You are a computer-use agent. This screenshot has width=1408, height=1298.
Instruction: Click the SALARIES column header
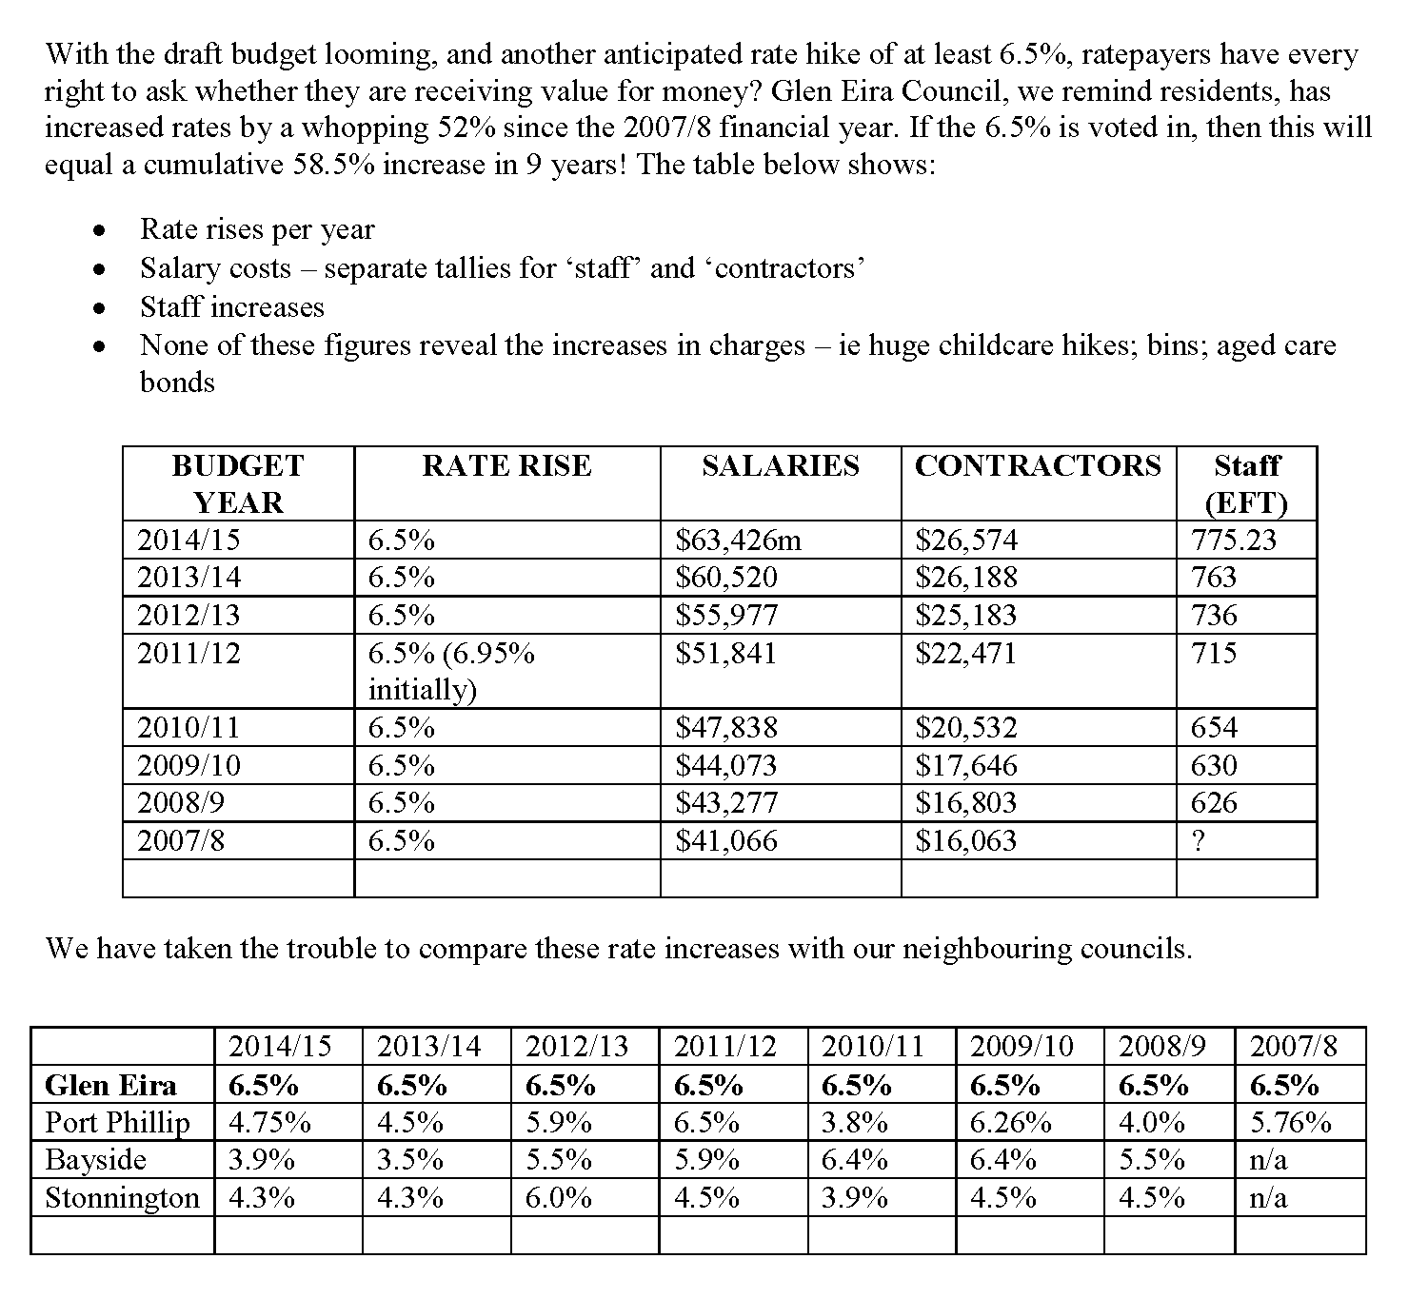780,465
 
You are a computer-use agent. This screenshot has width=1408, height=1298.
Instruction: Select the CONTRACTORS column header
1038,465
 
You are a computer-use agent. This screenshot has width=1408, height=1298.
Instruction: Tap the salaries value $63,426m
738,541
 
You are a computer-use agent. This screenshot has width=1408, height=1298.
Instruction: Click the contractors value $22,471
965,653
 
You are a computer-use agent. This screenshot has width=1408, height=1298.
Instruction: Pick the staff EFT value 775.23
1233,541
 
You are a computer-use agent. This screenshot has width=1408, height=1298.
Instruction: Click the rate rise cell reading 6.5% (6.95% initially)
451,671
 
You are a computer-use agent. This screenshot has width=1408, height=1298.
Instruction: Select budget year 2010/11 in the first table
188,728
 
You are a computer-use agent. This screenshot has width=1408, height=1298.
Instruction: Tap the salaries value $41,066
725,841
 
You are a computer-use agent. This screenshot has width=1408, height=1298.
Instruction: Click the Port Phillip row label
117,1123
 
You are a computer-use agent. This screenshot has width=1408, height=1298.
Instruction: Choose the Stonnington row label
122,1197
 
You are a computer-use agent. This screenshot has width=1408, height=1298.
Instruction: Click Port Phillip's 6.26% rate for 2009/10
1010,1123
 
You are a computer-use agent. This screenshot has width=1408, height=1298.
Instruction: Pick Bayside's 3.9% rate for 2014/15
261,1160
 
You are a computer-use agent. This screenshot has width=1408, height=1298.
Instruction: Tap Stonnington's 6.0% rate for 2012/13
558,1197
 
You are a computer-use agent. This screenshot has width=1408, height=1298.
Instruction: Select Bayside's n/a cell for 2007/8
1267,1160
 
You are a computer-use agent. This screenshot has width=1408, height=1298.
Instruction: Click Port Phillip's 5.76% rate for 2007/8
1290,1123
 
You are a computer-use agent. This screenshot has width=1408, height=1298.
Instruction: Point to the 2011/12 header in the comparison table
724,1047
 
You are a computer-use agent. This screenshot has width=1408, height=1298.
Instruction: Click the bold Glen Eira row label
110,1086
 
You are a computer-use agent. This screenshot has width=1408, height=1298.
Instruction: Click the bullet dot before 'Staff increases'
97,308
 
